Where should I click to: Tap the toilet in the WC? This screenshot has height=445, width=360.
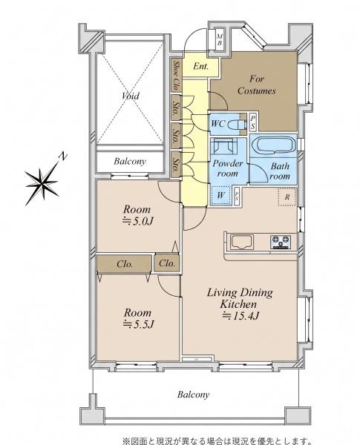click(x=238, y=124)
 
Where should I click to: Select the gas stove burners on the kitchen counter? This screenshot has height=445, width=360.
click(x=280, y=243)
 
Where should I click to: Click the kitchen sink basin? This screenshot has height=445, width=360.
click(x=242, y=242)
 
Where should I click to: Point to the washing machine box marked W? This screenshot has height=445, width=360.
click(x=221, y=195)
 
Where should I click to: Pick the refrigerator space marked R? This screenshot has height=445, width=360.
click(x=287, y=197)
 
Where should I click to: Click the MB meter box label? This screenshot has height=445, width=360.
click(x=220, y=40)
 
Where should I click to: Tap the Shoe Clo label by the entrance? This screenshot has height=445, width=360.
click(x=176, y=75)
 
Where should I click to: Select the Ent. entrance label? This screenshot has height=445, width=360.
click(x=201, y=66)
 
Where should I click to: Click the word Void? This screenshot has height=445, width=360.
click(x=131, y=96)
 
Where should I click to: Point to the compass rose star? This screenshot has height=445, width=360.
click(x=42, y=182)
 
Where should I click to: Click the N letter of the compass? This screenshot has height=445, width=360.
click(x=63, y=156)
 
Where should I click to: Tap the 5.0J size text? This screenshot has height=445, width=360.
click(x=138, y=221)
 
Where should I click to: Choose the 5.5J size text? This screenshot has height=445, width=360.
click(x=139, y=324)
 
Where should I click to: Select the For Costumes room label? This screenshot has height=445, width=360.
click(x=257, y=85)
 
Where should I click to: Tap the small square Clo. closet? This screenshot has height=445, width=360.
click(x=167, y=263)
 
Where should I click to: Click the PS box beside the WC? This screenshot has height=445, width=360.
click(x=252, y=122)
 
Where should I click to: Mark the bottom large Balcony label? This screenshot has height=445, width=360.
click(x=193, y=395)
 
